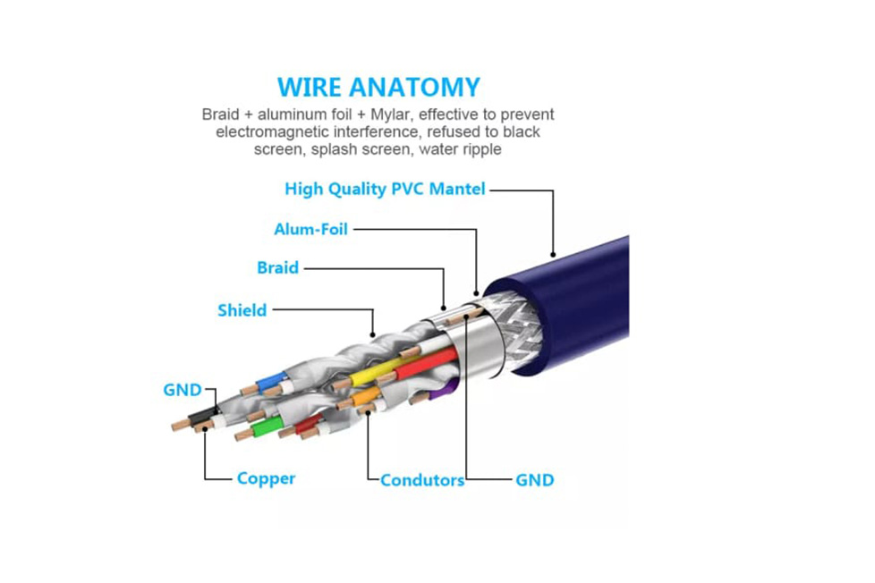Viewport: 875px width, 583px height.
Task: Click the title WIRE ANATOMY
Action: [x=378, y=87]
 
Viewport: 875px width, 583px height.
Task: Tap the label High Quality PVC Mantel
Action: [x=385, y=189]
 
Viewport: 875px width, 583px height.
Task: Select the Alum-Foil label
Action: [x=310, y=229]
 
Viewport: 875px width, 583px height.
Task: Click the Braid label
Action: [x=277, y=267]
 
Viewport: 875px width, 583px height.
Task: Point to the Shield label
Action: [x=242, y=310]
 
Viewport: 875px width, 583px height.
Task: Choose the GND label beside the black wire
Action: [x=183, y=390]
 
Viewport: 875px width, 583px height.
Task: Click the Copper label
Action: [x=266, y=478]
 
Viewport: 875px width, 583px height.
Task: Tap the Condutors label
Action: [x=422, y=480]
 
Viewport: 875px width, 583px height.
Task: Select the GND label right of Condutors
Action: [x=534, y=480]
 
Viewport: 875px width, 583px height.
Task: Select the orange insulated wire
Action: [x=369, y=393]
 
